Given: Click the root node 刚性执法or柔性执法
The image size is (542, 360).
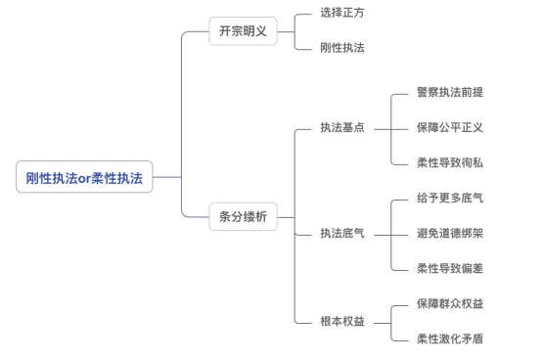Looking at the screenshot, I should point(84,177).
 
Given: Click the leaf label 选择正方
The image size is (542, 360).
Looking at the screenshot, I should point(342,13).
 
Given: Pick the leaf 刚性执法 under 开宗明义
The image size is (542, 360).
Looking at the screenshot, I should point(342,47).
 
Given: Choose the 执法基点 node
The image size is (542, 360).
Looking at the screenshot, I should point(342,127).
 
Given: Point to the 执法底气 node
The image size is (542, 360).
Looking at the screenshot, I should point(342,233).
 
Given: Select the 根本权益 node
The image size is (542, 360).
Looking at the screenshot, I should point(342,321).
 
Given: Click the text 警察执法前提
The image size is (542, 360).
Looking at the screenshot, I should point(449,92).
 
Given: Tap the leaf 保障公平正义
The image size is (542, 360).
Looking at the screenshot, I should point(449,127).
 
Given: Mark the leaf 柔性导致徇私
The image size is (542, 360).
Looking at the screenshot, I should point(449,162).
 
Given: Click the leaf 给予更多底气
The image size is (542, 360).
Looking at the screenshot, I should point(449,198).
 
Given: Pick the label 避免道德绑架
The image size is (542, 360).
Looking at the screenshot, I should point(449,233).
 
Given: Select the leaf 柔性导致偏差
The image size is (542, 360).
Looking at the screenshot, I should point(449,268).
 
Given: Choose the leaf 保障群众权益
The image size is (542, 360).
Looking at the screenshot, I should point(449,303).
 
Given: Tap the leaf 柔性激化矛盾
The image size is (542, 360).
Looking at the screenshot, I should point(449,338).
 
